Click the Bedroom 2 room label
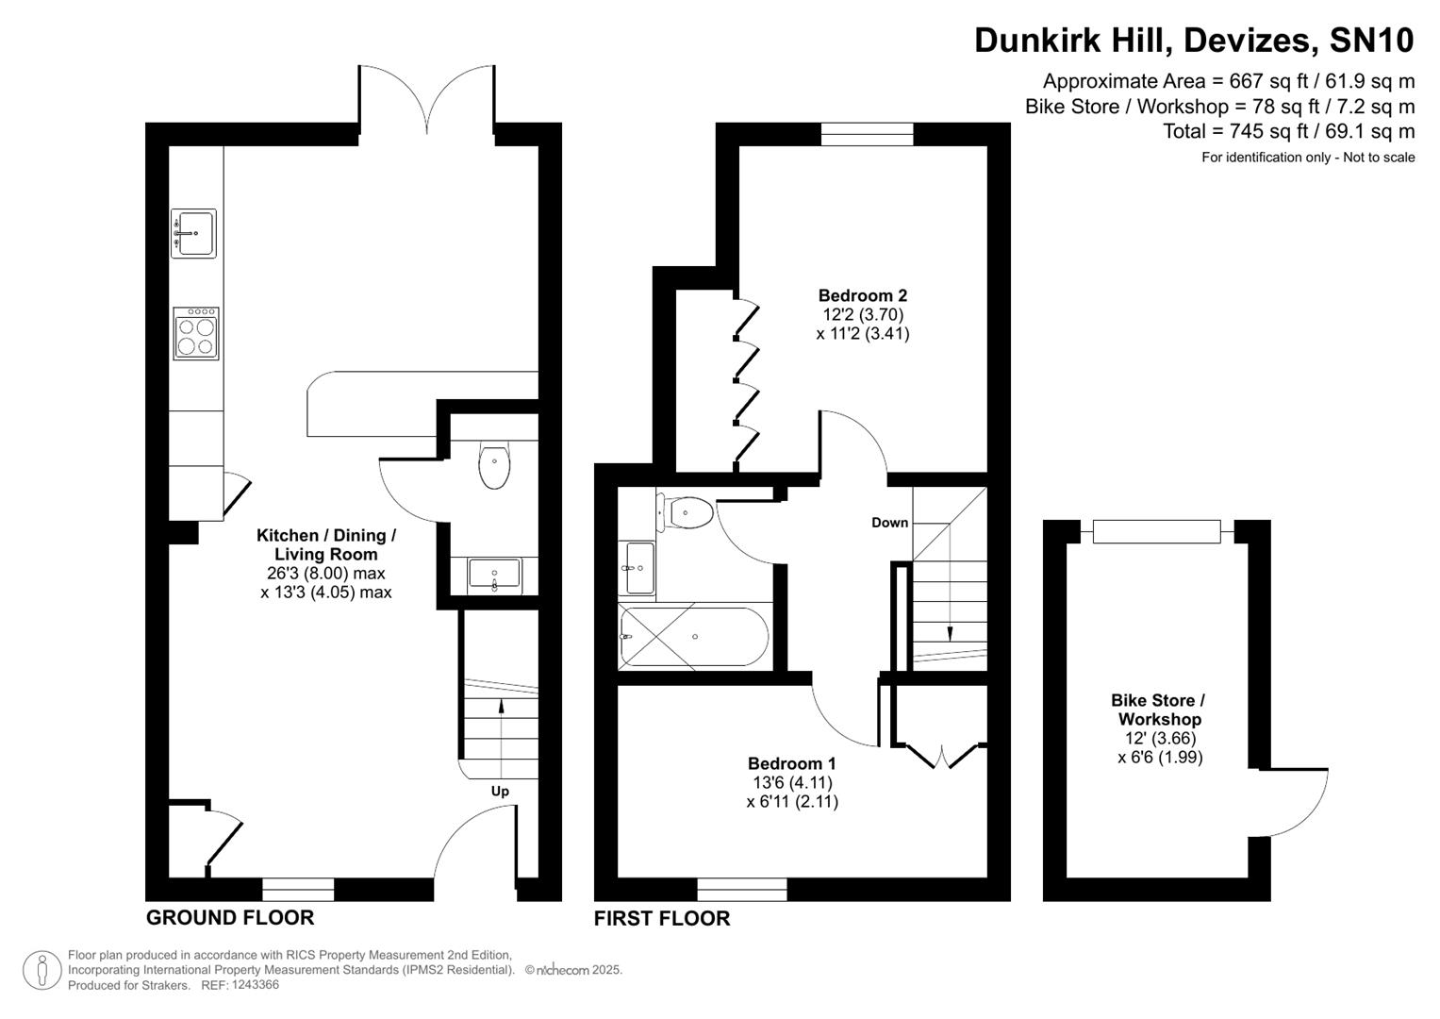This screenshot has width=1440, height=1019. [862, 295]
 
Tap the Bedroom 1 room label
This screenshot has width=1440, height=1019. [791, 763]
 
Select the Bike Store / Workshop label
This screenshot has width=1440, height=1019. [1158, 710]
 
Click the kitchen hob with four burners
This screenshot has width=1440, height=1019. [196, 333]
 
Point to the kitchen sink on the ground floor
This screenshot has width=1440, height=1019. [193, 233]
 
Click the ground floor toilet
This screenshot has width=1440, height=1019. [494, 464]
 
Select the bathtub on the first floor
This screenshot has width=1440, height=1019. [695, 637]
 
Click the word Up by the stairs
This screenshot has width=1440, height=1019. [500, 791]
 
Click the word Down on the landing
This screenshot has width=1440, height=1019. [889, 523]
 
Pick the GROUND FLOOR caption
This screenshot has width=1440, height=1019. [230, 917]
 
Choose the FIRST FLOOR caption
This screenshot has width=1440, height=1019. [662, 918]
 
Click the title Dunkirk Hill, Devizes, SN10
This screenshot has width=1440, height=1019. [1194, 41]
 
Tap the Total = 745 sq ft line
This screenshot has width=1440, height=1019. [1288, 131]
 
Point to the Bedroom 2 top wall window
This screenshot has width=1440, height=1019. [867, 134]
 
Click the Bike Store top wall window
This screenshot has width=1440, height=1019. [1156, 531]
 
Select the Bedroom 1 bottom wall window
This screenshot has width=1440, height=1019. [742, 889]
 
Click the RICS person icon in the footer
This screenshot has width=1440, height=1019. [42, 970]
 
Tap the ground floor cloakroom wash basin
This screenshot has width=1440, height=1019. [494, 574]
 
